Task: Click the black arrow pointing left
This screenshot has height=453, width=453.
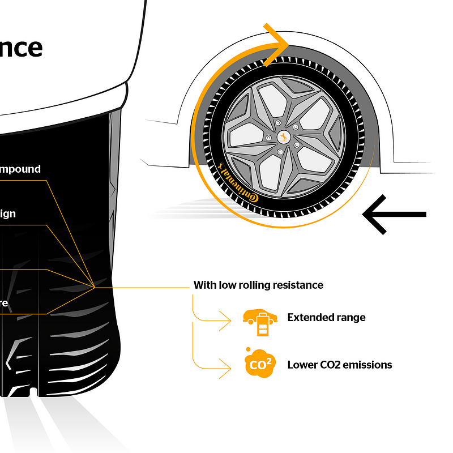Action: (394, 214)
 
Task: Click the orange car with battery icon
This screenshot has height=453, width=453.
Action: (260, 321)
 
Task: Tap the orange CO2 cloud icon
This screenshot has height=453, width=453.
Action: (259, 364)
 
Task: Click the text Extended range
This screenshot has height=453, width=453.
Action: (326, 317)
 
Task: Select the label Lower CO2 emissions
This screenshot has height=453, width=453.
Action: (339, 365)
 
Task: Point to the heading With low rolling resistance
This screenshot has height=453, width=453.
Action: (258, 285)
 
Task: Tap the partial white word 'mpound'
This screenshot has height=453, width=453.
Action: (20, 169)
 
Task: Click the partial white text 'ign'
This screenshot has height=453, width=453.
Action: (8, 214)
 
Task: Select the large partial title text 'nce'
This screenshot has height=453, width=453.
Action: (21, 48)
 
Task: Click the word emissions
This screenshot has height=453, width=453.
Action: (367, 365)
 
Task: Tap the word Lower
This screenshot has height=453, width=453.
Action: (301, 365)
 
